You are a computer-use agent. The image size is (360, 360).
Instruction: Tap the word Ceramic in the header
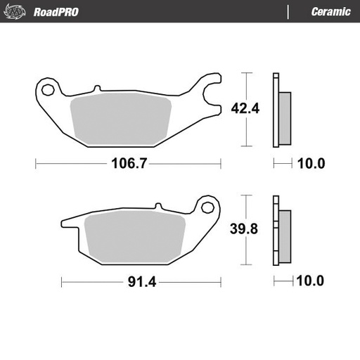[330, 12]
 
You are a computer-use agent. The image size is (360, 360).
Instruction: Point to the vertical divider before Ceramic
[289, 12]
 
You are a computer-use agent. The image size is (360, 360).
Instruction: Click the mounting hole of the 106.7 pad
[49, 90]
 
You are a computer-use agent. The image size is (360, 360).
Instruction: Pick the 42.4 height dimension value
[245, 108]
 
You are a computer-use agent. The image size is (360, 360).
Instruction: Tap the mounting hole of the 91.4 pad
[207, 208]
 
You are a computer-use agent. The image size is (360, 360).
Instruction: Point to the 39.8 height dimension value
[245, 229]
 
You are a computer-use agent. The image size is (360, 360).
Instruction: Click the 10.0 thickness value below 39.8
[311, 281]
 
